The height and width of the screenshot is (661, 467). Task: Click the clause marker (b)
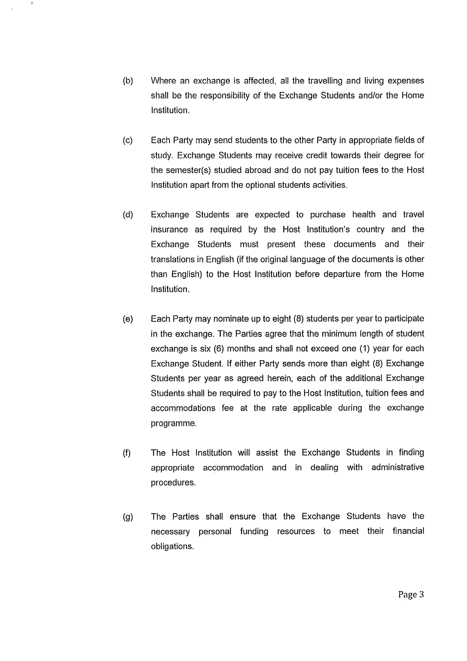pos(128,81)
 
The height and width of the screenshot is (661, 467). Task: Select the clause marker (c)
pos(128,140)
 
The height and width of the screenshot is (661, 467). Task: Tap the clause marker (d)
pos(128,215)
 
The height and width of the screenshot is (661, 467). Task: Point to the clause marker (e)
pos(128,319)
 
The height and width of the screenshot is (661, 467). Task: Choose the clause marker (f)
pos(127,453)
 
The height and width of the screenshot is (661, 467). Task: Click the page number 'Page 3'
pos(411,595)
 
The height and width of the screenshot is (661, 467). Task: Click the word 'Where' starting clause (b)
pos(164,81)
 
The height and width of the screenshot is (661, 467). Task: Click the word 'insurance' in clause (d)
pos(169,230)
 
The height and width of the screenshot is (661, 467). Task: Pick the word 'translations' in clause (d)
pos(173,259)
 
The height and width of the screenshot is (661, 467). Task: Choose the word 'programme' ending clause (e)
pos(173,423)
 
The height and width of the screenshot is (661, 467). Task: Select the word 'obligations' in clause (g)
pos(172,547)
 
